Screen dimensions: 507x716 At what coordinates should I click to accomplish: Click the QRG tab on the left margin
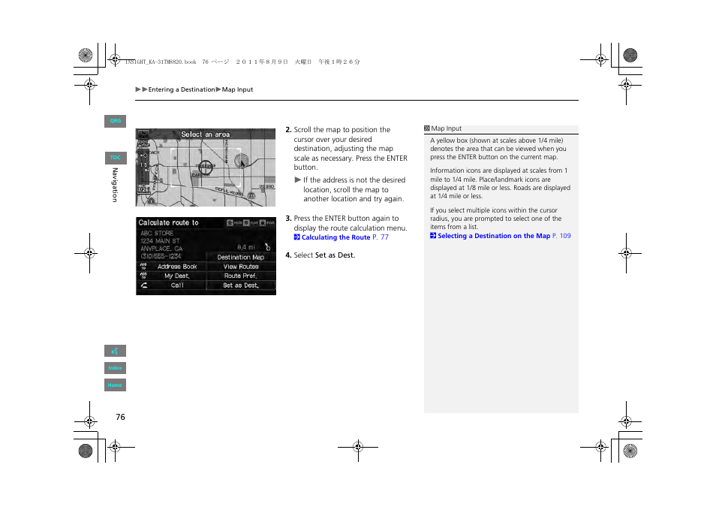(115, 121)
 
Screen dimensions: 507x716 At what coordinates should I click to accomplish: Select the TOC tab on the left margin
(115, 158)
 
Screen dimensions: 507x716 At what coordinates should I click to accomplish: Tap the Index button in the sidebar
(115, 368)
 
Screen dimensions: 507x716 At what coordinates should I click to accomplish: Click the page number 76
(120, 417)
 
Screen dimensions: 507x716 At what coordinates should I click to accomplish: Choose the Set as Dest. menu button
(241, 285)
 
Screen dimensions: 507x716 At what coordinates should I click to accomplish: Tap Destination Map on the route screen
(241, 257)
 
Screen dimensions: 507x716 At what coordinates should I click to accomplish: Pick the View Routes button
(241, 267)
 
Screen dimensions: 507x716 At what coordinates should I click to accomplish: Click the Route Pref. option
(241, 276)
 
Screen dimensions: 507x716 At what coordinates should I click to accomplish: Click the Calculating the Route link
(335, 237)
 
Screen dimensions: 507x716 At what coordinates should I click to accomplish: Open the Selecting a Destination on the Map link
(494, 236)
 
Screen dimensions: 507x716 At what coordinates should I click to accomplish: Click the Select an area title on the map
(206, 134)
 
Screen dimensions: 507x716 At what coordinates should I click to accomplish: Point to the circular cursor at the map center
(206, 167)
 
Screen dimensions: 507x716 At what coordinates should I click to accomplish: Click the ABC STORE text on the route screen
(157, 233)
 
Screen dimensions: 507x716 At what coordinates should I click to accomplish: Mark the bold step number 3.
(288, 219)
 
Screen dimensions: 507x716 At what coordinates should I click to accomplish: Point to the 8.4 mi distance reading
(246, 246)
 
